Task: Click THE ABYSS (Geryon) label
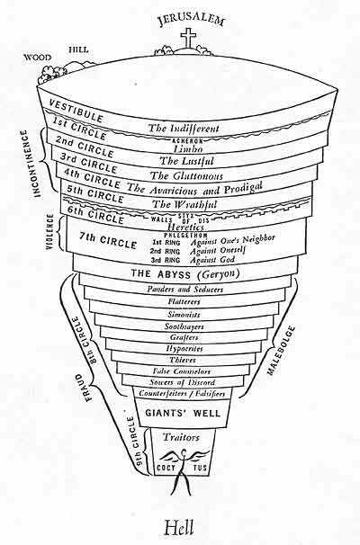[190, 273]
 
